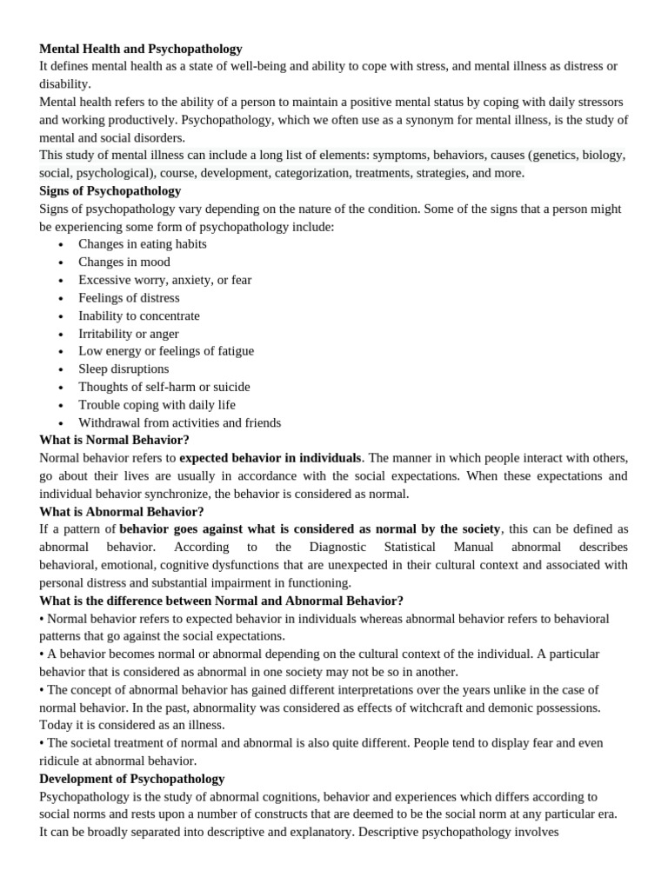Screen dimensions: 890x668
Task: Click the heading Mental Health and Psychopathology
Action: pyautogui.click(x=141, y=49)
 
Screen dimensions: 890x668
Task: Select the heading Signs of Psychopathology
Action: pyautogui.click(x=110, y=191)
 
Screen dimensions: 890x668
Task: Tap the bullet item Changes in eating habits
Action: pyautogui.click(x=143, y=244)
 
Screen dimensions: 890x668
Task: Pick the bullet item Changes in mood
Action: pyautogui.click(x=124, y=262)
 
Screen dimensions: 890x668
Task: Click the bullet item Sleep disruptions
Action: pyautogui.click(x=124, y=369)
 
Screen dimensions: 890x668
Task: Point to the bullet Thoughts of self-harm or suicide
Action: pyautogui.click(x=164, y=387)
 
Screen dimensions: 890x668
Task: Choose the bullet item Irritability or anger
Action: pyautogui.click(x=129, y=334)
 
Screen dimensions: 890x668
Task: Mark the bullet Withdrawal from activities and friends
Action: pyautogui.click(x=180, y=422)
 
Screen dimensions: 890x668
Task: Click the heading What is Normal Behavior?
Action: pyautogui.click(x=114, y=440)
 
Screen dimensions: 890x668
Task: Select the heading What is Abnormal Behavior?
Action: pyautogui.click(x=122, y=512)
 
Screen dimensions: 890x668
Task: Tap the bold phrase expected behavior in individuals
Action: pyautogui.click(x=270, y=458)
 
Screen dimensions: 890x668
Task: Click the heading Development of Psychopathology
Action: pyautogui.click(x=132, y=779)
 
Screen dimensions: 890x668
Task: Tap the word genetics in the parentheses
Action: pyautogui.click(x=551, y=156)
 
